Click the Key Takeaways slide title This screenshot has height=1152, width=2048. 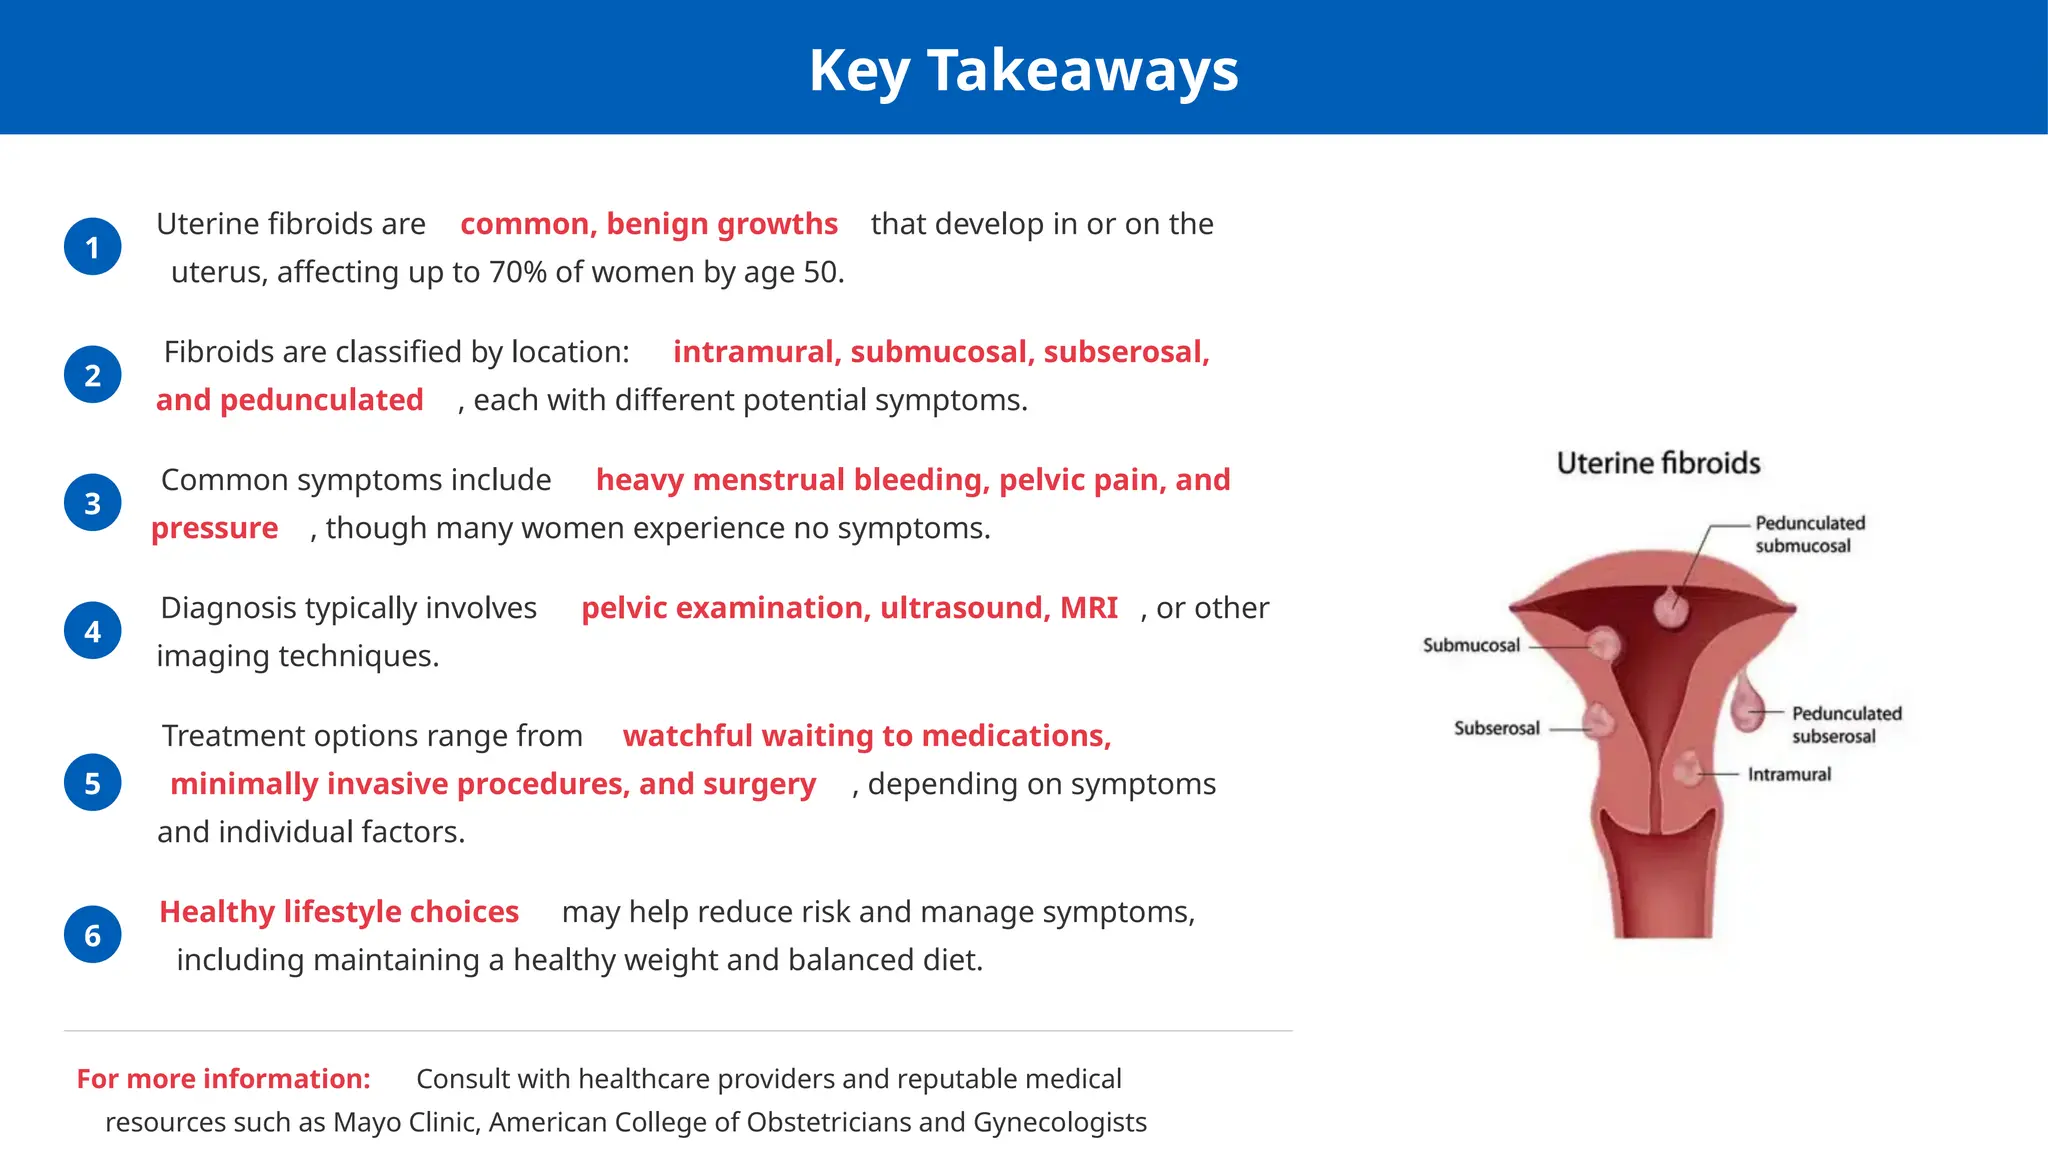pos(1023,71)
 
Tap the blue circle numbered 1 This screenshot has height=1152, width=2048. pos(93,247)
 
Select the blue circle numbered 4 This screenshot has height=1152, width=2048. pos(93,631)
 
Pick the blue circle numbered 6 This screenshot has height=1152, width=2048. pos(93,935)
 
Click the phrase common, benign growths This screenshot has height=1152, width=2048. pos(648,224)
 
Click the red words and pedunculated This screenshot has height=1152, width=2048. pos(289,400)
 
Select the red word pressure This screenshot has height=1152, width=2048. pos(214,528)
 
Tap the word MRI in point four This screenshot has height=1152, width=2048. pos(1088,608)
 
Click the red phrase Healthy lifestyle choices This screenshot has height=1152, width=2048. pos(339,912)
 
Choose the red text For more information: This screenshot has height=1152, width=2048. pos(223,1079)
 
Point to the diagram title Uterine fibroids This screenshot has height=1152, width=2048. pos(1658,463)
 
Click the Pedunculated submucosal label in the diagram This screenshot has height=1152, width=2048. pos(1809,534)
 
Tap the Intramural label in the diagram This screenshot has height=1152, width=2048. pos(1789,774)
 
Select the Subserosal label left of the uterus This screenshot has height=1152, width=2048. pos(1496,728)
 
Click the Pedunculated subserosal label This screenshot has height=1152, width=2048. pos(1845,724)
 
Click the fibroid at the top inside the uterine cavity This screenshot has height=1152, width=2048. pos(1670,606)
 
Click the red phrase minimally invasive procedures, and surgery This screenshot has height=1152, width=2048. pos(493,784)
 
